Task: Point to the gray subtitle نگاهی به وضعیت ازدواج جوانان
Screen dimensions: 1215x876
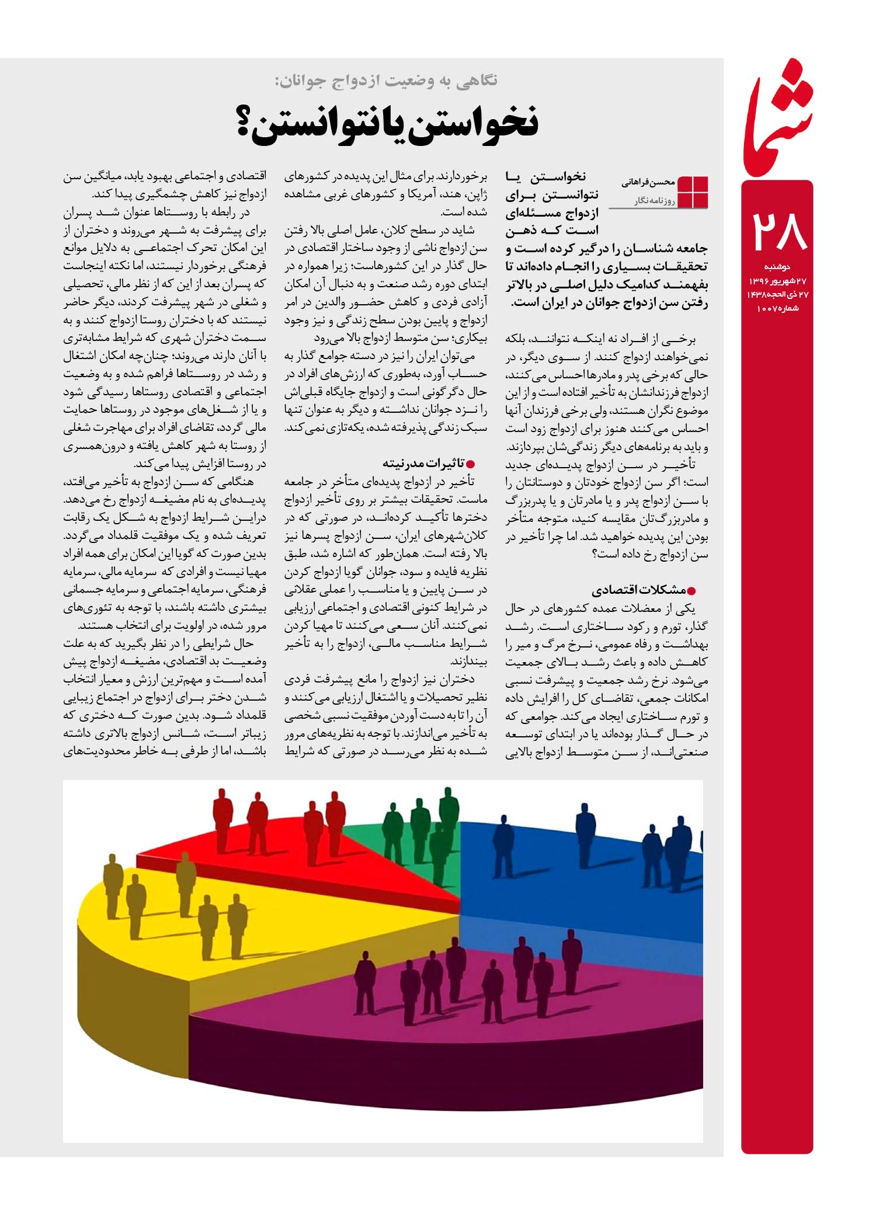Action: tap(386, 81)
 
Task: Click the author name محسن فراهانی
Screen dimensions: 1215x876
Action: tap(649, 183)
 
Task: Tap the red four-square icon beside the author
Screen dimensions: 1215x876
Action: tap(692, 192)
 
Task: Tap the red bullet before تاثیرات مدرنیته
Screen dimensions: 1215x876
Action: tap(470, 464)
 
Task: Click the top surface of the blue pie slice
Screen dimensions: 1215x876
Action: tap(578, 887)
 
